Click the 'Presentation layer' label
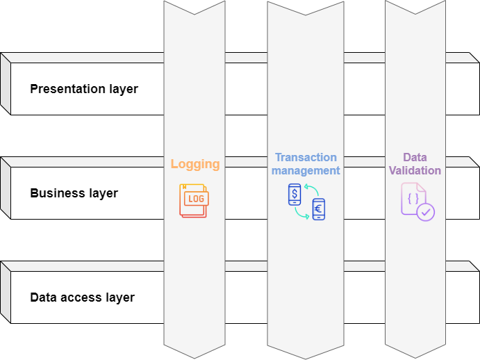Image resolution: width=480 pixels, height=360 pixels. pos(84,89)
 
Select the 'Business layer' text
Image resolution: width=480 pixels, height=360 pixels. pos(74,193)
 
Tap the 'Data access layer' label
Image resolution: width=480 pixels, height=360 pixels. pos(82,297)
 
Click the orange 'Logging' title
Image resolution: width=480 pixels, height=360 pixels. pos(195,165)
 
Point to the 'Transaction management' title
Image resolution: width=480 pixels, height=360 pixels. pos(306,164)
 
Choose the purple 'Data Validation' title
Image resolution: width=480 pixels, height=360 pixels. pos(415,164)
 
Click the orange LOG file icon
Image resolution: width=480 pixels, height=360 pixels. pos(194,201)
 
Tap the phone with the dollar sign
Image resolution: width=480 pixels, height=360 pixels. pos(295,195)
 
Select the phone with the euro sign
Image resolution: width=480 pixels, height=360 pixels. pos(318,208)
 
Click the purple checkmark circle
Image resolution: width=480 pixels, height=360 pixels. pos(425,211)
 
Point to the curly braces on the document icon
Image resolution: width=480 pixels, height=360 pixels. pos(413,198)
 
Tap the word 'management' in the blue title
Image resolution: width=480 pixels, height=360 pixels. pos(306,170)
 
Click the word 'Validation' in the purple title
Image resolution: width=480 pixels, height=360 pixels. pos(415,170)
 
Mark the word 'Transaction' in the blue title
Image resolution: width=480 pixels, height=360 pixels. pos(306,158)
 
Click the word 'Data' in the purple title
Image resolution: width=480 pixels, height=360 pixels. pos(415,158)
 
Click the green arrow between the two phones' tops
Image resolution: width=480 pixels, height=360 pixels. pos(311,188)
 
